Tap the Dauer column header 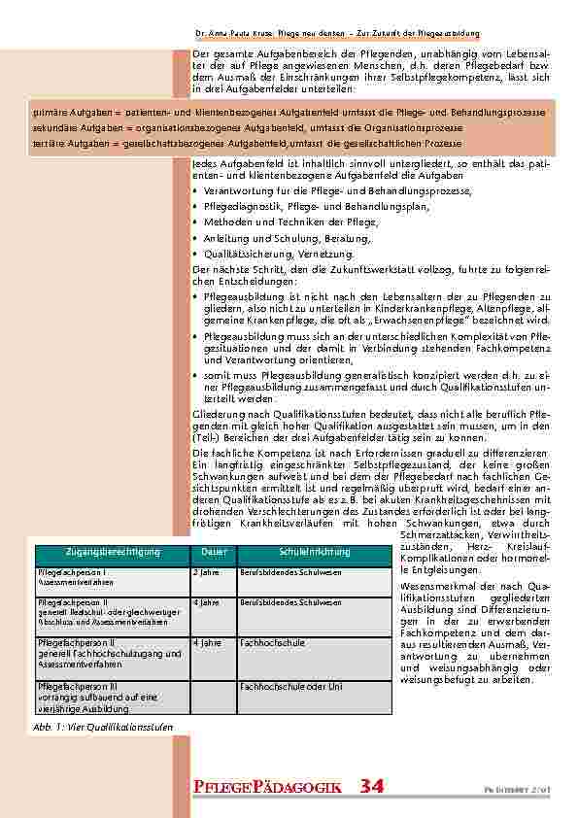(x=214, y=552)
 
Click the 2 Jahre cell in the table (x=205, y=574)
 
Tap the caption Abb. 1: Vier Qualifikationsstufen (x=90, y=726)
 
